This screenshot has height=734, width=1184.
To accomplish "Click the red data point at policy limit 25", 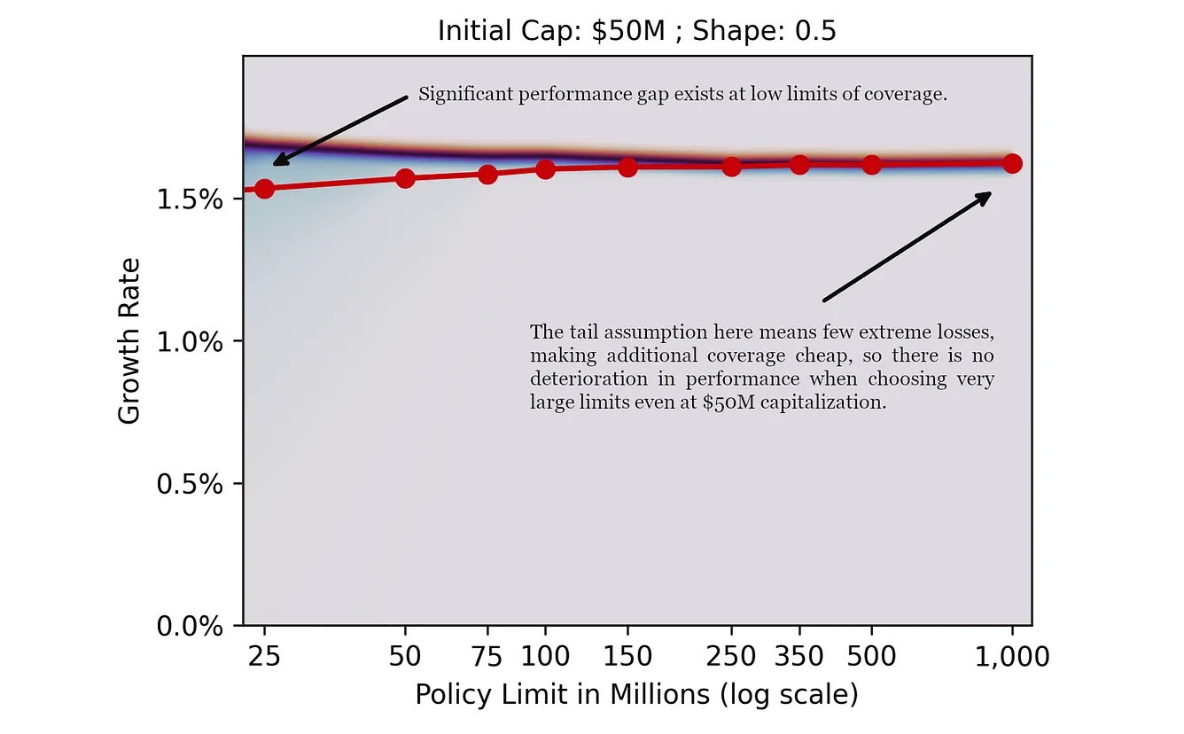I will (264, 189).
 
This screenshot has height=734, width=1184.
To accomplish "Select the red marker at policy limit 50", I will (405, 178).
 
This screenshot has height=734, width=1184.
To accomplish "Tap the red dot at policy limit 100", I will (545, 169).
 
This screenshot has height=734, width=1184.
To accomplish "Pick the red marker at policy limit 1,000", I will (1012, 164).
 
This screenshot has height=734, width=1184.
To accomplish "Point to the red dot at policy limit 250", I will (731, 167).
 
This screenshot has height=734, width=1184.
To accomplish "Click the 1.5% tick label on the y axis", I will (190, 199).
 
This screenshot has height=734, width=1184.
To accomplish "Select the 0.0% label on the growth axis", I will (190, 627).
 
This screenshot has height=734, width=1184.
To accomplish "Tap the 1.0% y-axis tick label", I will (190, 342).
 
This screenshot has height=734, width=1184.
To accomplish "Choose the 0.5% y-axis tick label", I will (190, 484).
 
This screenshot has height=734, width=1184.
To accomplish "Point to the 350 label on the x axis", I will (799, 657).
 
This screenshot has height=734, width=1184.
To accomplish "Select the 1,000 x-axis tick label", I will (1012, 657).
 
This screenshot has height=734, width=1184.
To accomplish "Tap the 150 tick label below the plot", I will (627, 657).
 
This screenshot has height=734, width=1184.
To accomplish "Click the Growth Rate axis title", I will (129, 341).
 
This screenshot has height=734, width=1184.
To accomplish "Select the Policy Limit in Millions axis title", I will (636, 694).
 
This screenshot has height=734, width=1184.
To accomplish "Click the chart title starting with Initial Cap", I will (636, 31).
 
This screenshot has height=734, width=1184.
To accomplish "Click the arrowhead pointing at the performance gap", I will (277, 162).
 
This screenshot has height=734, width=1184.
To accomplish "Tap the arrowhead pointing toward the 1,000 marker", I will (986, 195).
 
